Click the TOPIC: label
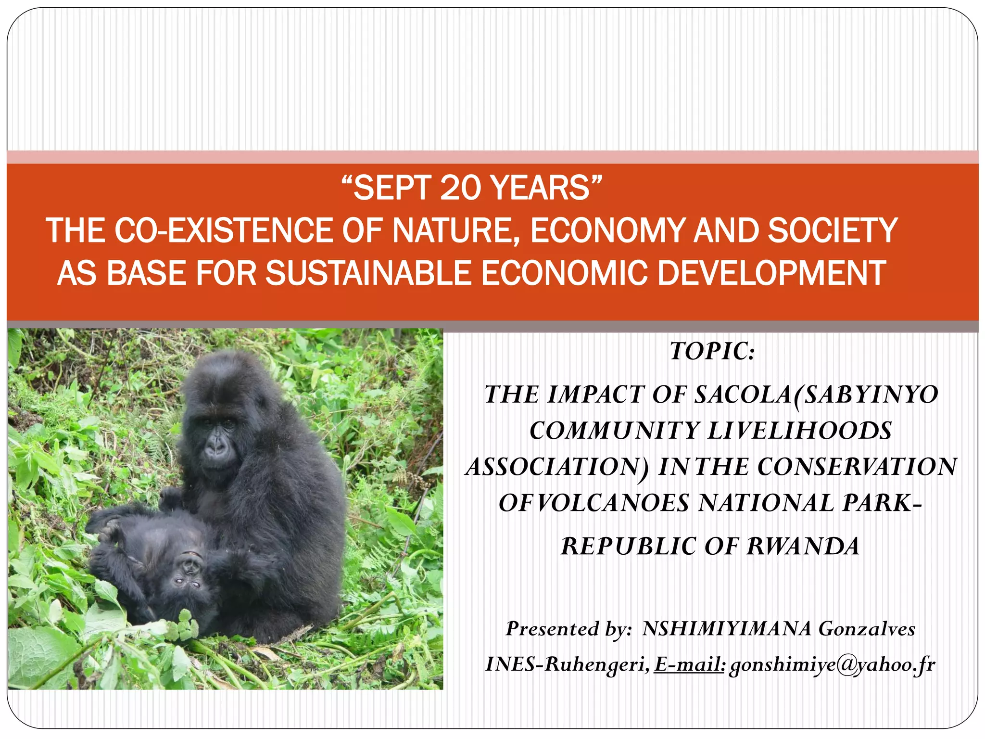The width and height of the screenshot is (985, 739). click(712, 351)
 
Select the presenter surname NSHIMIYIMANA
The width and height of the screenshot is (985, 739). click(727, 629)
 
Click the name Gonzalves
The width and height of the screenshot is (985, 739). click(867, 629)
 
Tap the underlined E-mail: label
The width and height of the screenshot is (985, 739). click(689, 664)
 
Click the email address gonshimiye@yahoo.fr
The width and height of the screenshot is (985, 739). click(832, 665)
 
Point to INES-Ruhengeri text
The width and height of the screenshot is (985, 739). click(568, 664)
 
